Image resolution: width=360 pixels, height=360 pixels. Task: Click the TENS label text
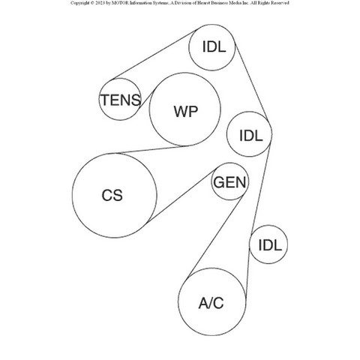tap(121, 100)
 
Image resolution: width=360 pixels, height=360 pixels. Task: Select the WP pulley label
tap(186, 112)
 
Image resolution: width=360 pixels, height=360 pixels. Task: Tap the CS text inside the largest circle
tap(112, 195)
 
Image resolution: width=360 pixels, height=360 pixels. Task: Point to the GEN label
tap(229, 182)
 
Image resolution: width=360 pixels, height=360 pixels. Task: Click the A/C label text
tap(211, 303)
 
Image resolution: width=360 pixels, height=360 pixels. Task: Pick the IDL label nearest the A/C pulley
tap(270, 245)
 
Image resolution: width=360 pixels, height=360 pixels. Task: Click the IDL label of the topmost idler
tap(214, 46)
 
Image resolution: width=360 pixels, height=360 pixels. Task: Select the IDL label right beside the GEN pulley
tap(251, 136)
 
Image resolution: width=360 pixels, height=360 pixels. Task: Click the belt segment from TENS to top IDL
tap(154, 54)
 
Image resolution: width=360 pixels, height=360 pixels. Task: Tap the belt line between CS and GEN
tap(181, 196)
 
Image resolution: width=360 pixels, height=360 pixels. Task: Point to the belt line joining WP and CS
tap(151, 149)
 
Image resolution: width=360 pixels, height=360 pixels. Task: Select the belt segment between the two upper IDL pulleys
tap(251, 82)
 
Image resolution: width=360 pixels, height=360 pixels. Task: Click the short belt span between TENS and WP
tap(147, 97)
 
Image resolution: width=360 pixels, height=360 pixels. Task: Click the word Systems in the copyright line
tap(160, 3)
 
